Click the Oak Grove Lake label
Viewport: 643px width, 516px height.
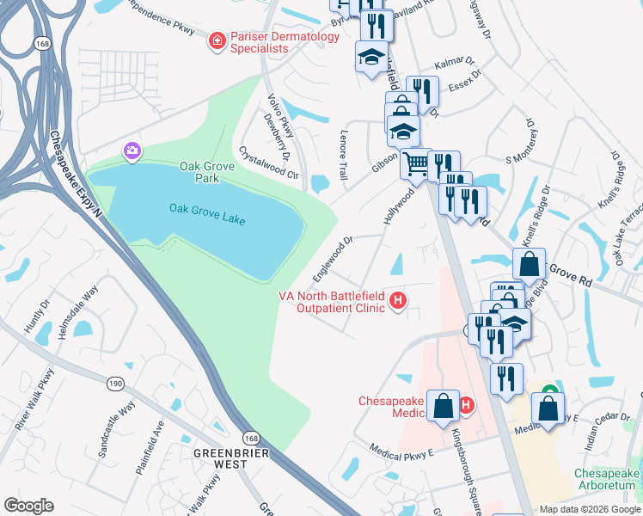[x=207, y=214]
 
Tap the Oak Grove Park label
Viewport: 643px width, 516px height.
[x=199, y=172]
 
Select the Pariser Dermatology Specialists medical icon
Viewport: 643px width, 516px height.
[x=218, y=40]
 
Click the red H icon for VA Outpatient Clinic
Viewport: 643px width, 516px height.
[x=397, y=300]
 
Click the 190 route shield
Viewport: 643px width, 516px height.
[x=114, y=383]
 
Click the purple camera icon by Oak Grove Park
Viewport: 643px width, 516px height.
[x=132, y=151]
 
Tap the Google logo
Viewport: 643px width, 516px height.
[x=28, y=506]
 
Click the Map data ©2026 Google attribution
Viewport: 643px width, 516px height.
[x=589, y=509]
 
